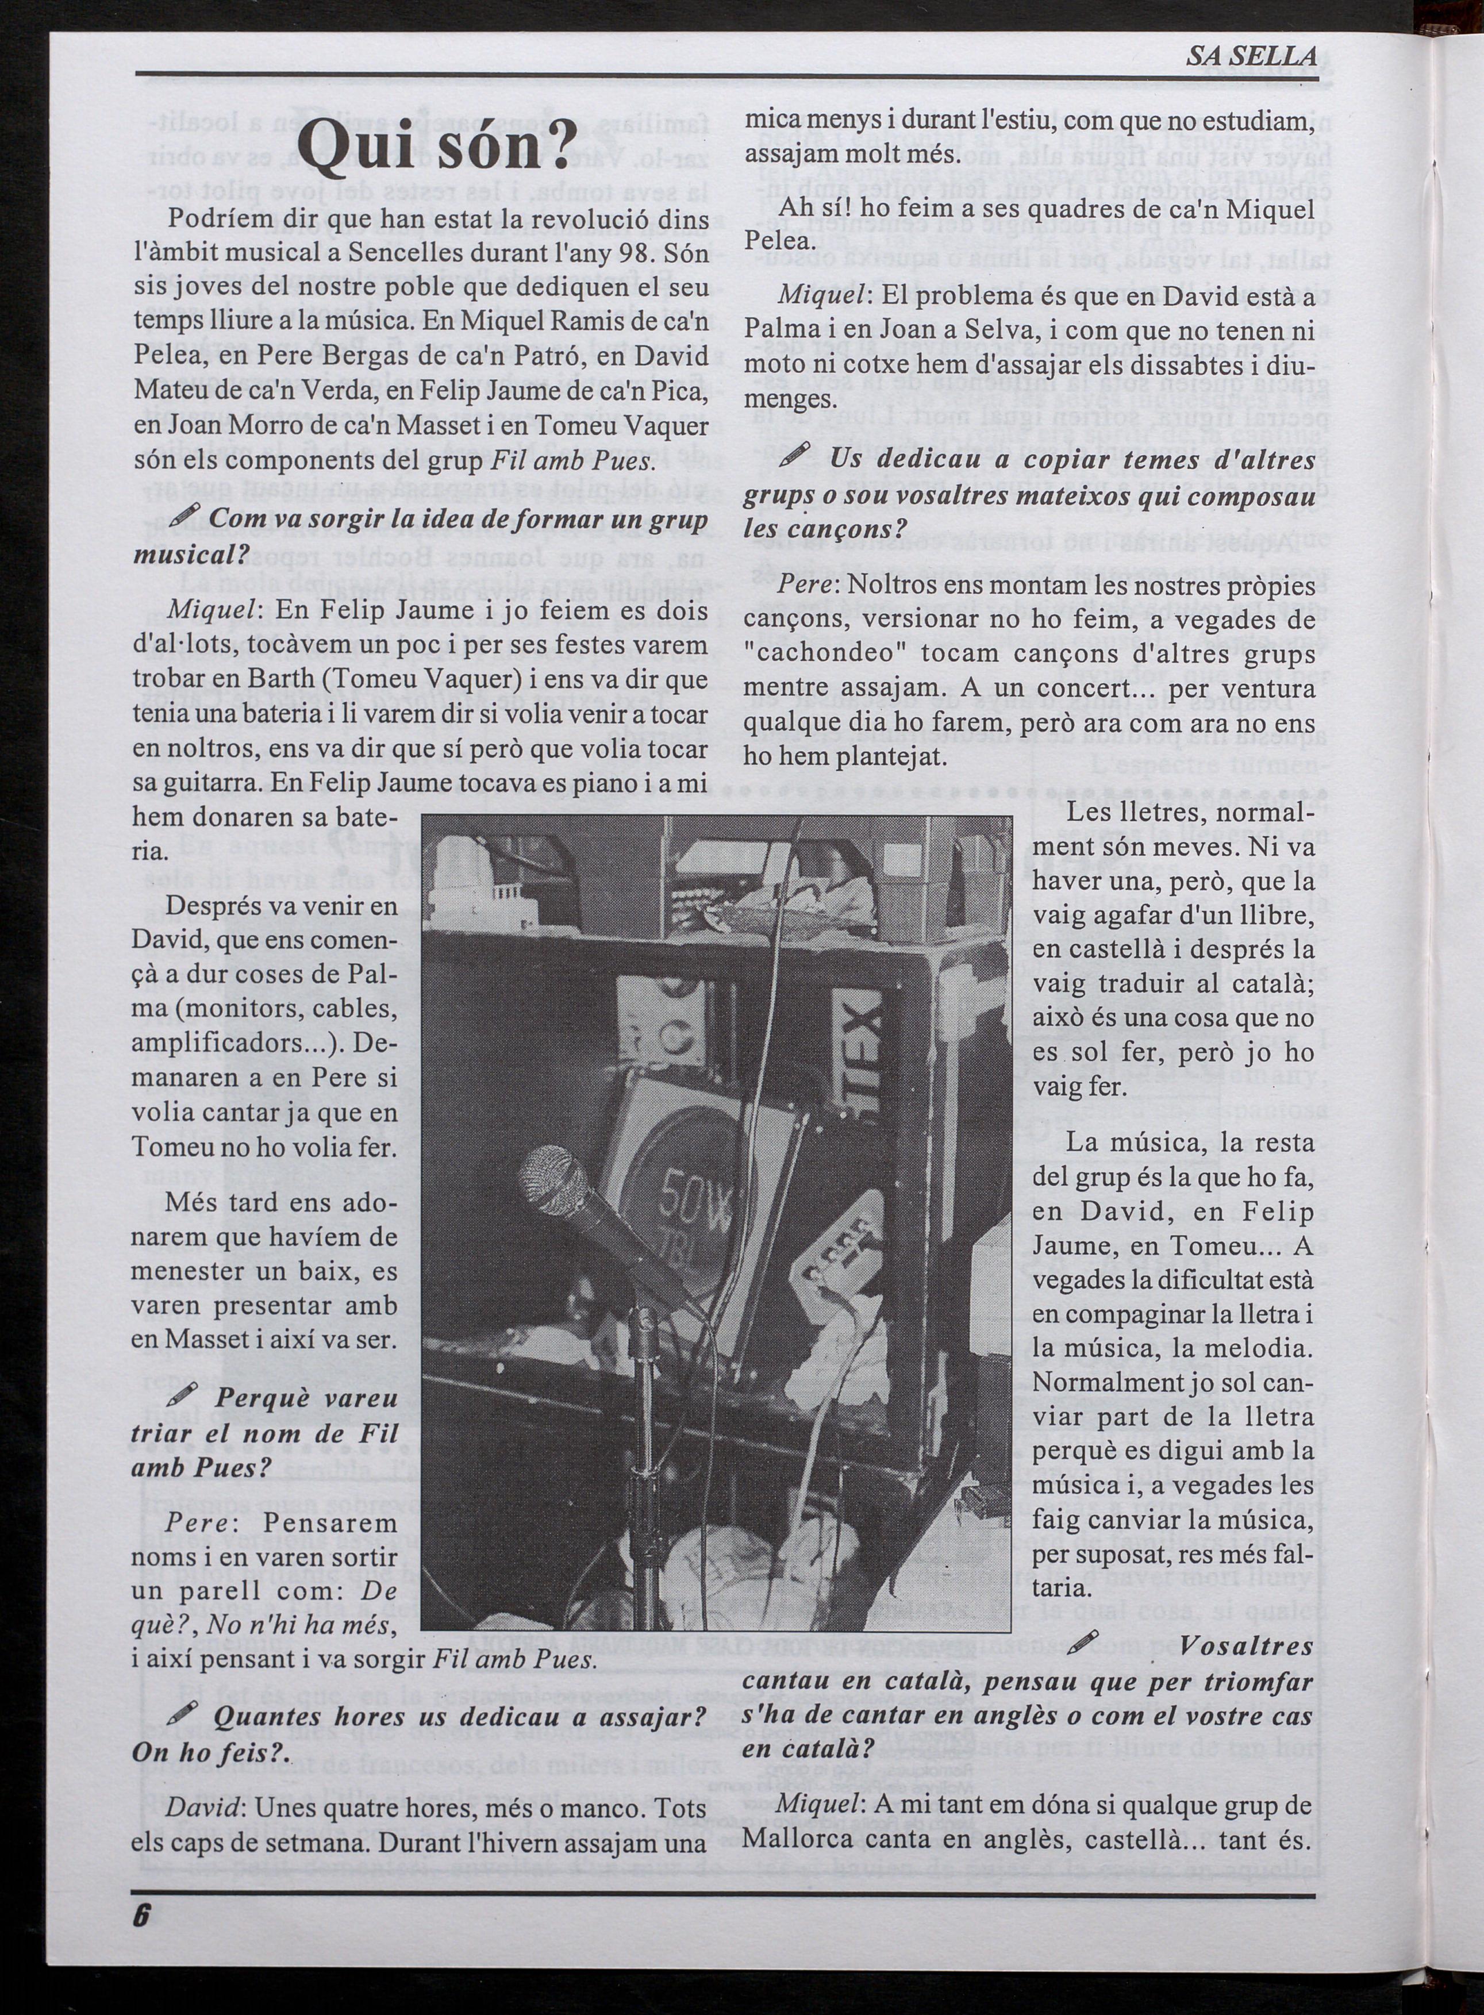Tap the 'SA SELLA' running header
point(1251,56)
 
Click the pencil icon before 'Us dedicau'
point(796,455)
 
